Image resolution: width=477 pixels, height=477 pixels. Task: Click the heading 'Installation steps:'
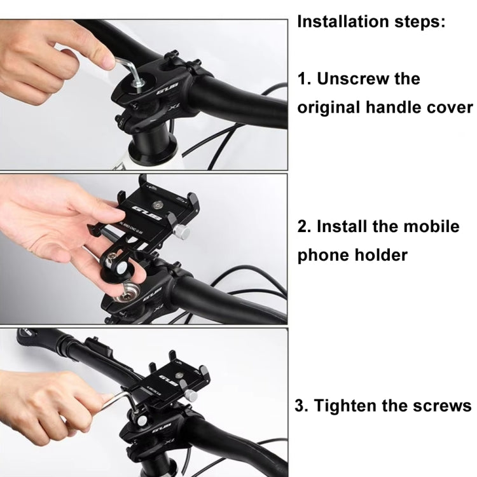(372, 22)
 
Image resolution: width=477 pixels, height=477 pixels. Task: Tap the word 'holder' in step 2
(384, 255)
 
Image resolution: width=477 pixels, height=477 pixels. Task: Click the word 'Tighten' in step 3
(352, 406)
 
